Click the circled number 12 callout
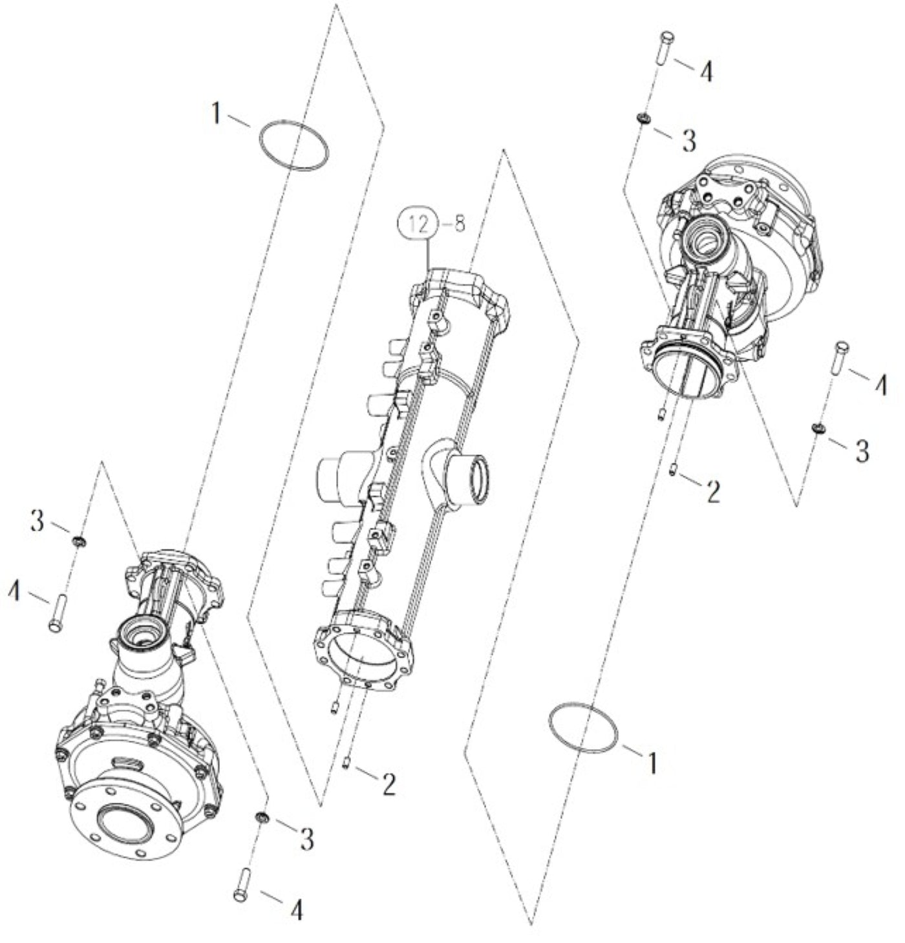tap(418, 224)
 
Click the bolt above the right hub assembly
tap(666, 47)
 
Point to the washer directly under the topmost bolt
tap(643, 118)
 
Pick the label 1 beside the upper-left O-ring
tap(217, 114)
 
